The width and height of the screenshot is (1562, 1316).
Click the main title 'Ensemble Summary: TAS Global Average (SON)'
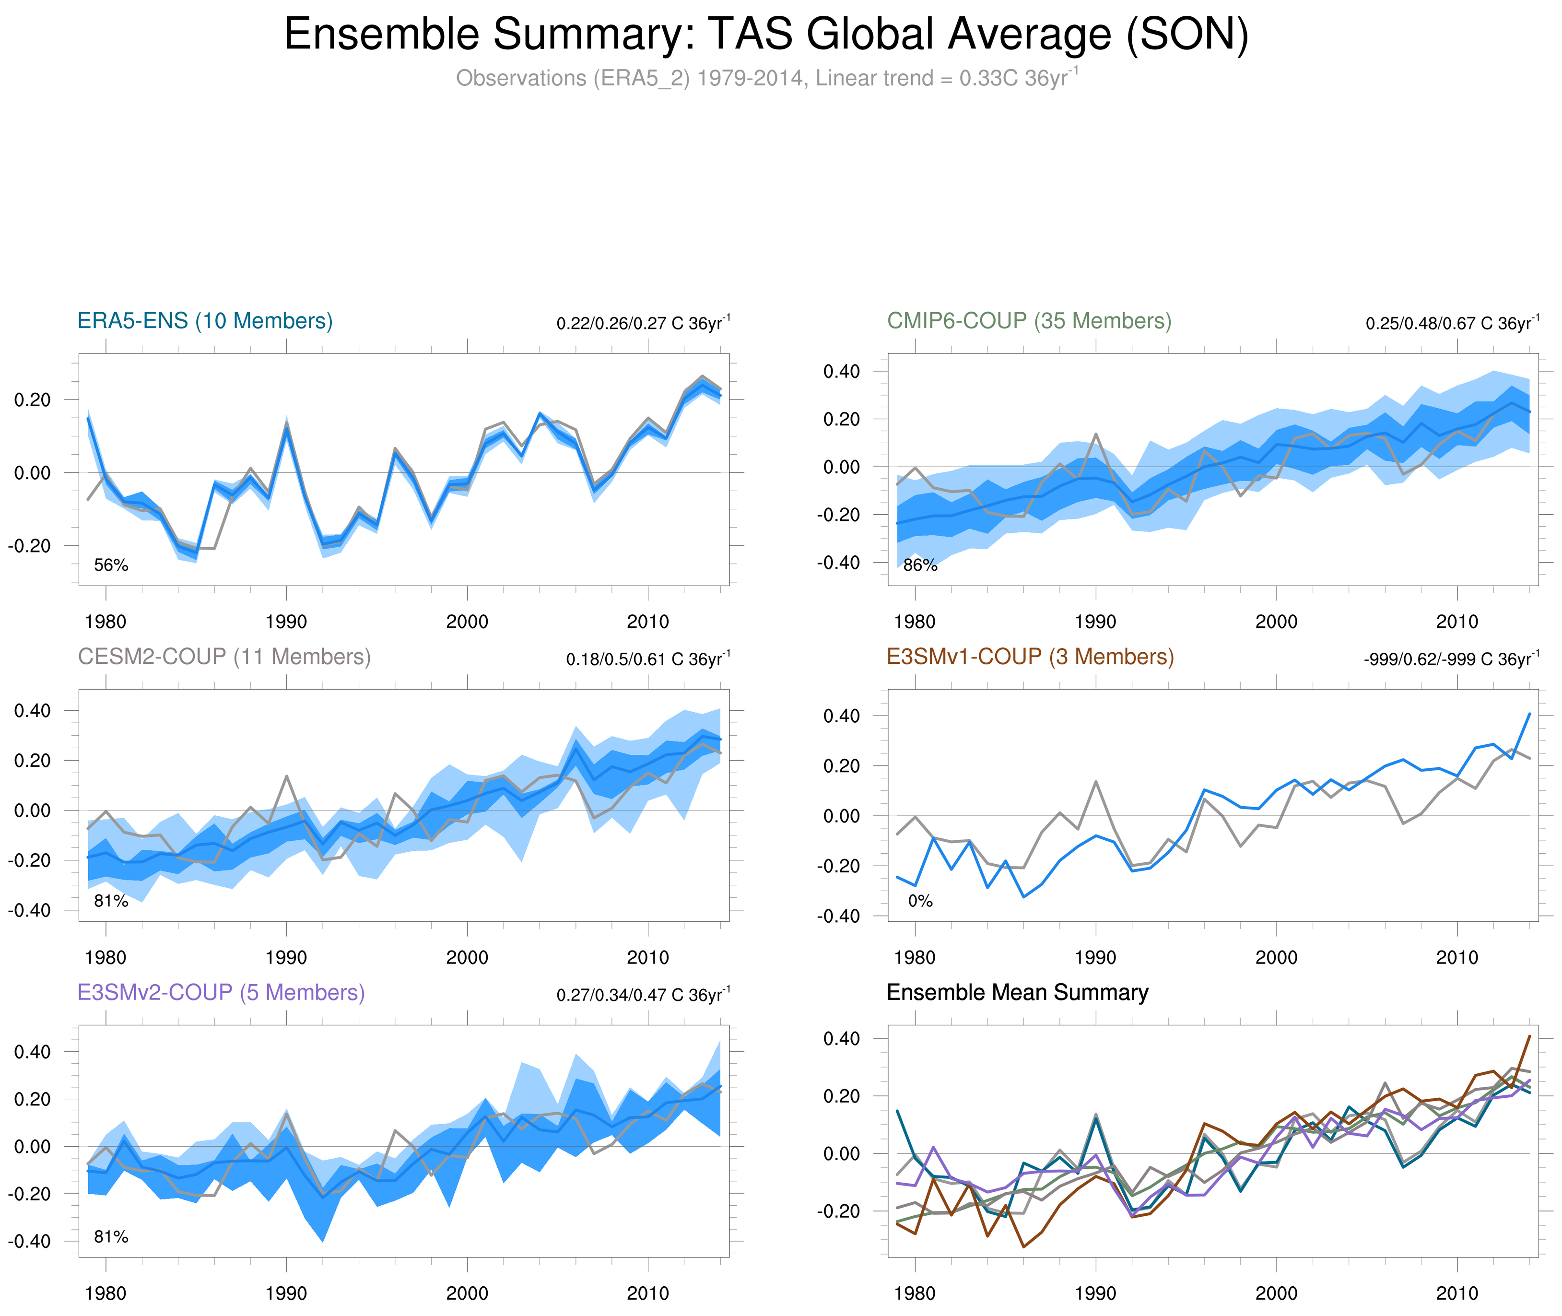765,35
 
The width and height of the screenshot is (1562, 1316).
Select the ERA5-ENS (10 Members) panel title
205,321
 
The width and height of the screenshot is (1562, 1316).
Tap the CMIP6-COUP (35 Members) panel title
1029,321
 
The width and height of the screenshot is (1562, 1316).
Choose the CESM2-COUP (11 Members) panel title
224,657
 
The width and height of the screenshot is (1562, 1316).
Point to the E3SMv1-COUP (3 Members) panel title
1029,657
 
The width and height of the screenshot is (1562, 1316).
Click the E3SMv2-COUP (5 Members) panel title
221,992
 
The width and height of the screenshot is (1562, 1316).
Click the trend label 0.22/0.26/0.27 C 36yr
643,323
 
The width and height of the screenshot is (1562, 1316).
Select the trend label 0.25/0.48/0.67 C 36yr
1452,323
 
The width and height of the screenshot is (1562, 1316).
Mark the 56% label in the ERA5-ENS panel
111,565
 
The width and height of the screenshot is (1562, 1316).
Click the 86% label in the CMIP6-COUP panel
920,565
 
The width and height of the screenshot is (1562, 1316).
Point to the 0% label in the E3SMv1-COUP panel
920,901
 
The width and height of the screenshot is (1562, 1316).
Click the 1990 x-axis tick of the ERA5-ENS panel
286,622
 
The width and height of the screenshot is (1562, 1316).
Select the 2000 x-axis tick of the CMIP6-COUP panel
1276,622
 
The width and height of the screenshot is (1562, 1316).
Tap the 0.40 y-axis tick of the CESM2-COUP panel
33,710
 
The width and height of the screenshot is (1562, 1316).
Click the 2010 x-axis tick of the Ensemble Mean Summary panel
1457,1293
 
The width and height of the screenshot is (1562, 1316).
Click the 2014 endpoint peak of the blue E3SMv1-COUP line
1529,714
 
